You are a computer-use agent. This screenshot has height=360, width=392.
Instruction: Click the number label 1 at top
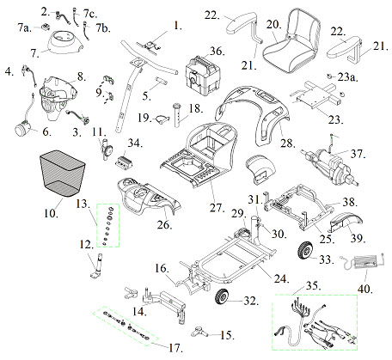[x=178, y=27]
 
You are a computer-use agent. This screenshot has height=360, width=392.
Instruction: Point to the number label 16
[x=160, y=270]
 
